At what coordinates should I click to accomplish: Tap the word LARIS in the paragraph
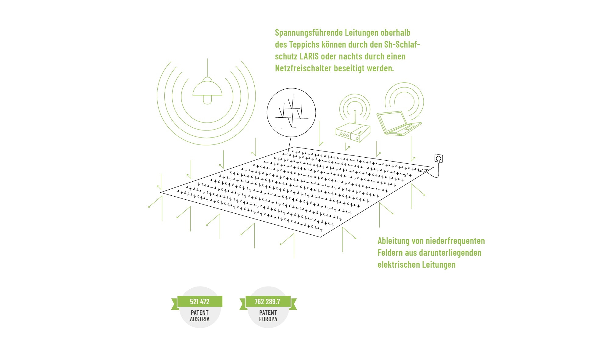309,56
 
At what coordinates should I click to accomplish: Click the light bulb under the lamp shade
207,100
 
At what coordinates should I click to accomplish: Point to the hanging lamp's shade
207,89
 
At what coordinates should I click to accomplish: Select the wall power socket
439,159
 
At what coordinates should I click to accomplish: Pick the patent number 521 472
200,302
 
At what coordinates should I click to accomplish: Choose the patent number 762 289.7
267,302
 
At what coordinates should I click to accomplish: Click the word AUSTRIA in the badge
200,319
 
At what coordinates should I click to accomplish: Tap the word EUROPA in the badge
268,319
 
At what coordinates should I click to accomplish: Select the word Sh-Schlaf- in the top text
402,45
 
